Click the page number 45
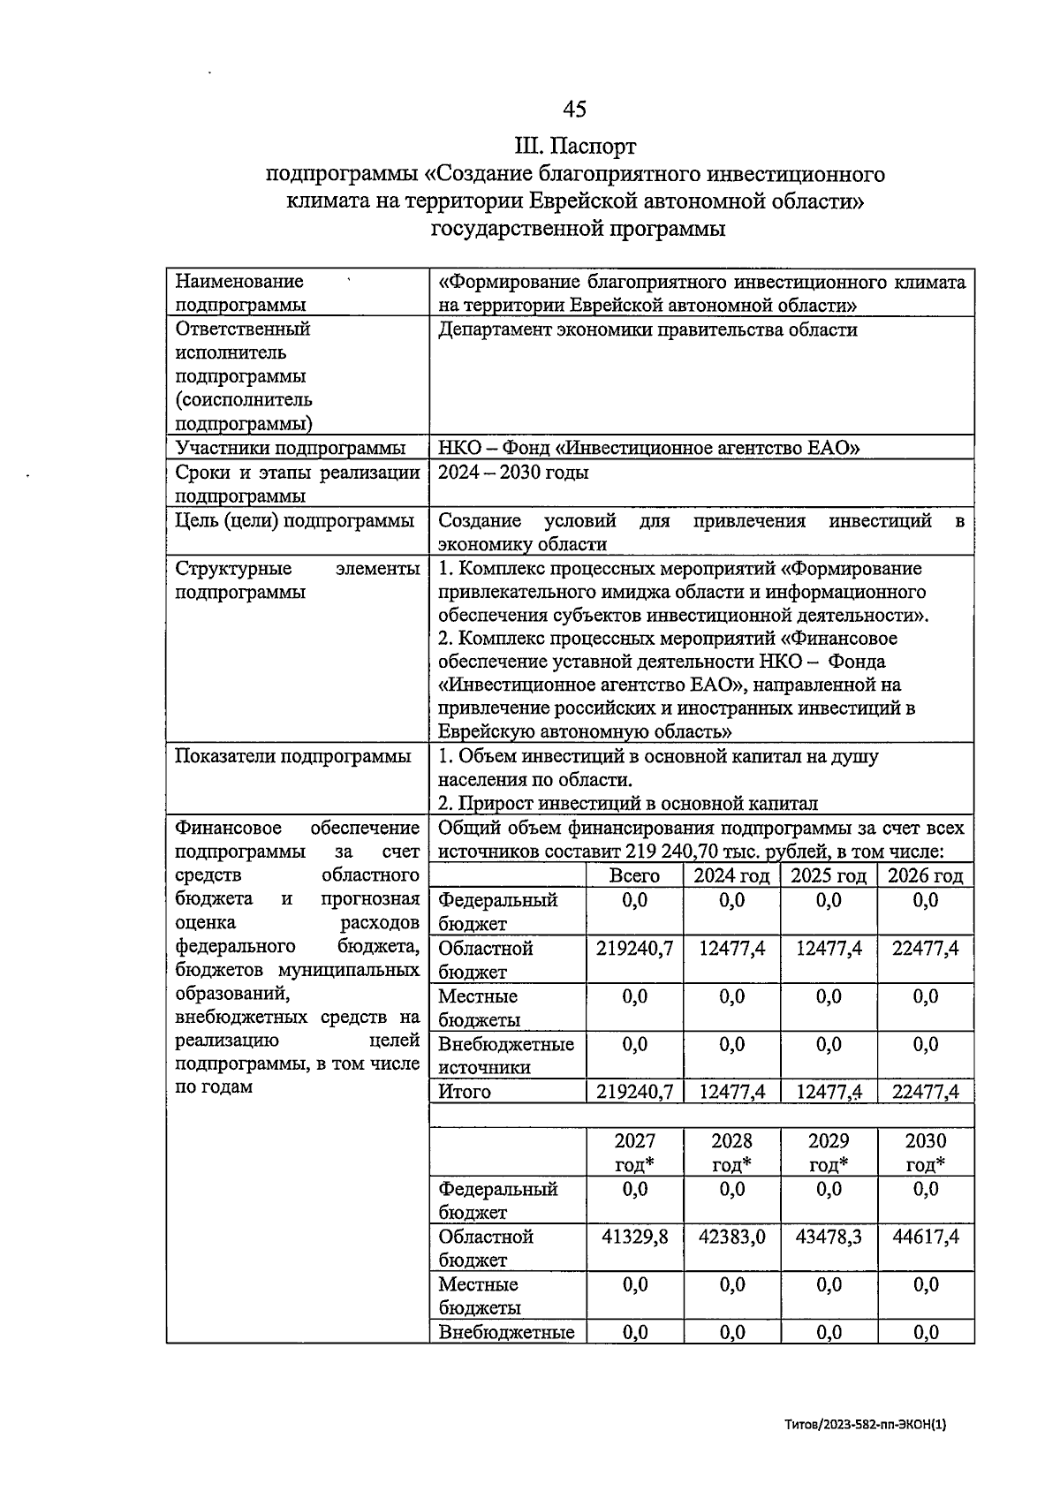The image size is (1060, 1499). click(x=574, y=109)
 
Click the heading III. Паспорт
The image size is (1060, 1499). click(x=576, y=145)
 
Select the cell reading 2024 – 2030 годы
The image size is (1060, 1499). click(x=513, y=473)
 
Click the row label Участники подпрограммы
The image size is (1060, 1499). click(x=291, y=448)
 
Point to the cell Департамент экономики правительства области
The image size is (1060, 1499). click(x=647, y=329)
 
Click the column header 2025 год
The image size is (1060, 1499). click(x=828, y=875)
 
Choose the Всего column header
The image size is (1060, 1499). click(x=634, y=875)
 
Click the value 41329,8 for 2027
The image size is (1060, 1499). click(x=634, y=1237)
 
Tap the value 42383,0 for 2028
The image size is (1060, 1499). click(x=731, y=1237)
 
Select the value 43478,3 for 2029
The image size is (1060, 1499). click(x=829, y=1237)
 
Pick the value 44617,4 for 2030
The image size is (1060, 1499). click(x=925, y=1237)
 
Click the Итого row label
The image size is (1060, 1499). click(x=465, y=1092)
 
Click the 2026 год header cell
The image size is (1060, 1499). click(x=925, y=875)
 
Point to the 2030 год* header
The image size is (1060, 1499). click(x=925, y=1153)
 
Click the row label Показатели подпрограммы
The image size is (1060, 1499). click(x=292, y=757)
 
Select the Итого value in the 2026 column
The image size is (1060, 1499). click(x=925, y=1092)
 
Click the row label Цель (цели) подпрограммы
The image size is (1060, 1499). click(x=294, y=521)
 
